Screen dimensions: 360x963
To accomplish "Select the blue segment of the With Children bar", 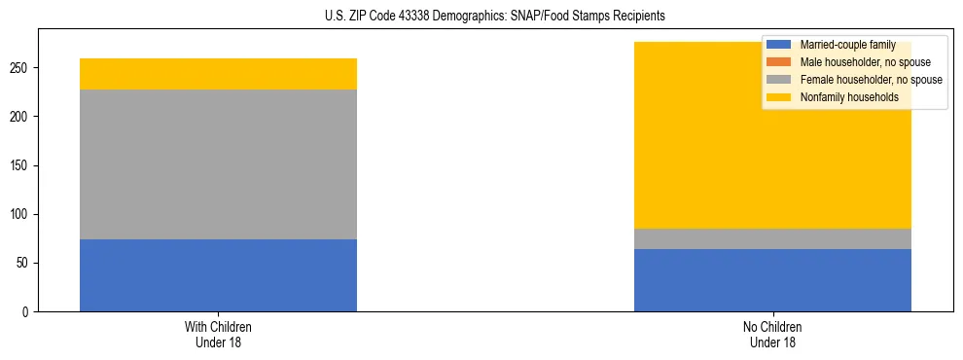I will (218, 275).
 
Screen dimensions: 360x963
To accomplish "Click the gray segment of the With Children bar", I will (218, 164).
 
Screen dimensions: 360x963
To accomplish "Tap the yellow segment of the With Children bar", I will (218, 74).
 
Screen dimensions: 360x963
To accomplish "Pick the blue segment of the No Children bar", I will (772, 280).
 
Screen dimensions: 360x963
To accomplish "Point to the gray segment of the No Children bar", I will (772, 238).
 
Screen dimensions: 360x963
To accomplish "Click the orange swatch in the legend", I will (778, 62).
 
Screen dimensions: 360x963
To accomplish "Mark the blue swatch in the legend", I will (778, 45).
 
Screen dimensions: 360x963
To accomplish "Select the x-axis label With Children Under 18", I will (218, 334).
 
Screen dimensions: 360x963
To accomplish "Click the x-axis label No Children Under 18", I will (772, 334).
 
